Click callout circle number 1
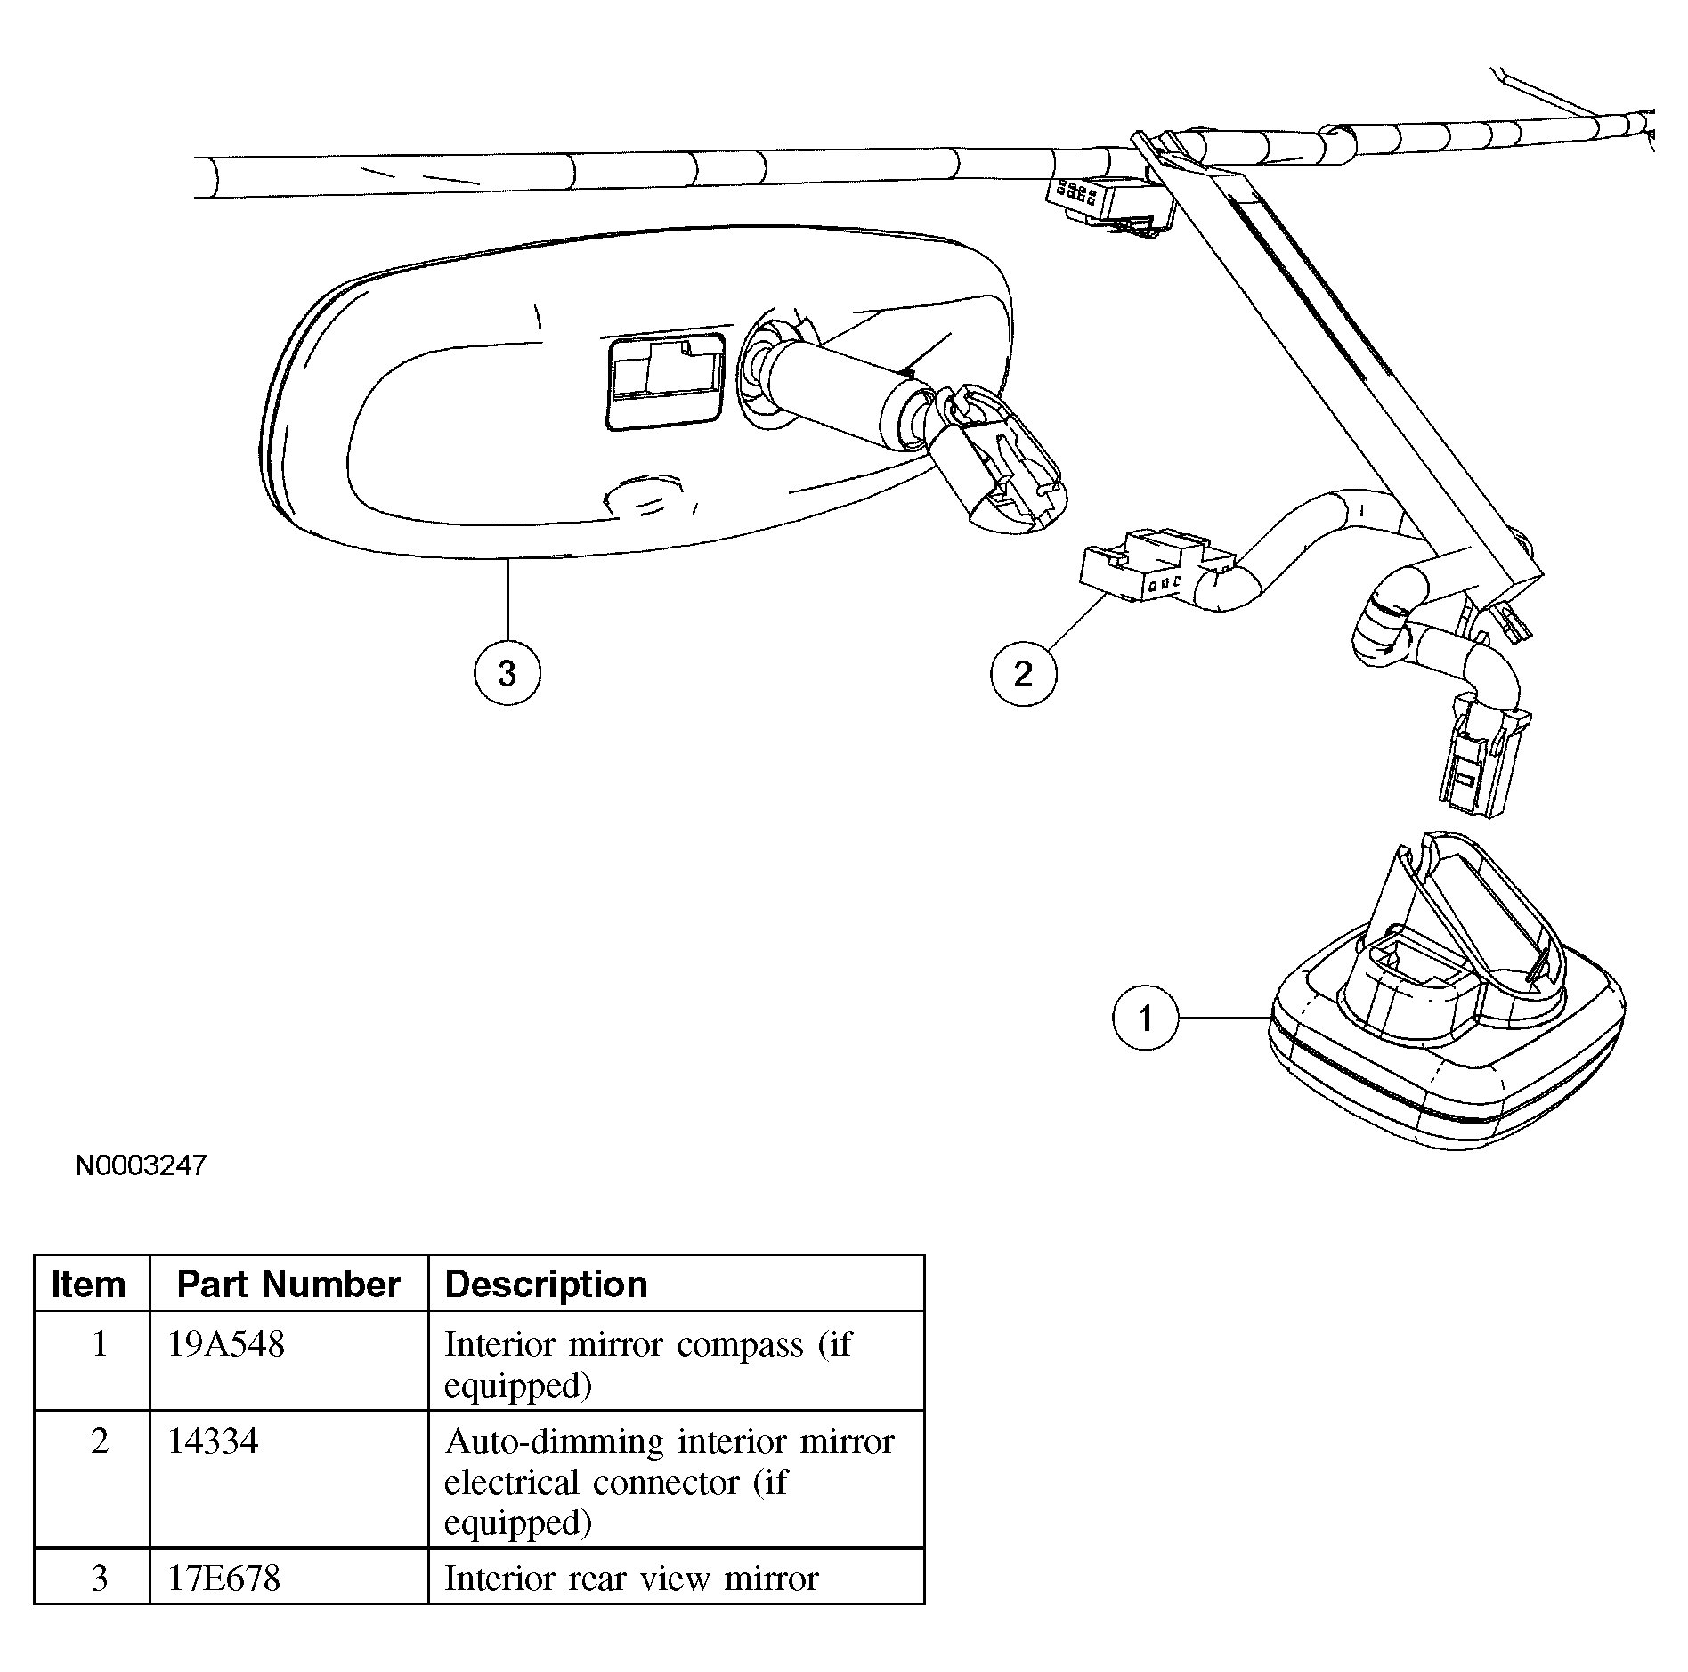coord(1146,1017)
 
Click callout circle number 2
coord(1024,673)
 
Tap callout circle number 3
coord(507,673)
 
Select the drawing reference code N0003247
coord(141,1165)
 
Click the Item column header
coord(88,1284)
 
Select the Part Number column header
coord(288,1284)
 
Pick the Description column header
coord(546,1284)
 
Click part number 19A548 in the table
coord(226,1344)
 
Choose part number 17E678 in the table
coord(224,1579)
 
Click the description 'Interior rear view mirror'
coord(631,1579)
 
